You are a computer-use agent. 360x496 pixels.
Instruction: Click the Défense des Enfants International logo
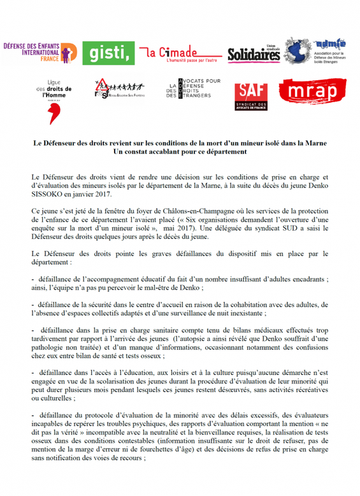40,54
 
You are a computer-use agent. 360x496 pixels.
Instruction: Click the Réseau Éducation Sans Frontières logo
120,91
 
